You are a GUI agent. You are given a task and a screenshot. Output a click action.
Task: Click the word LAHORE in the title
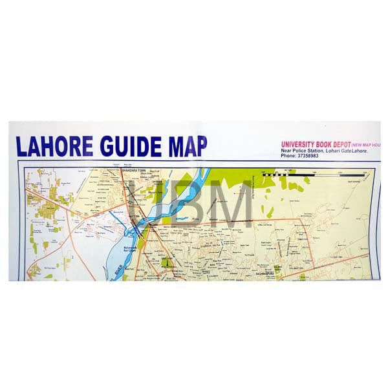pos(55,146)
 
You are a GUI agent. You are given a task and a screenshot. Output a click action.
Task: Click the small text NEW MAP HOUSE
pos(368,144)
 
